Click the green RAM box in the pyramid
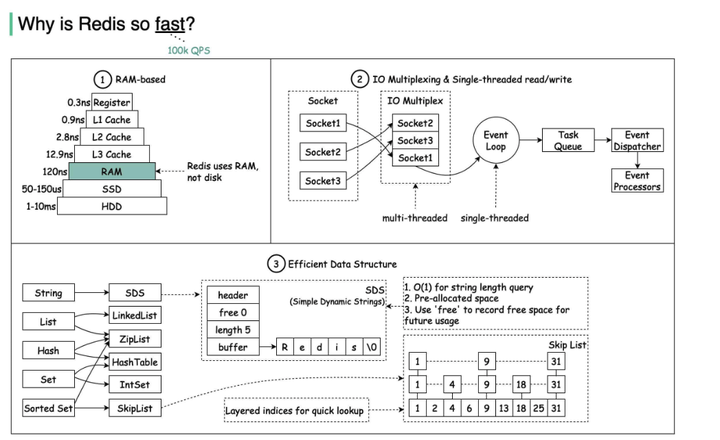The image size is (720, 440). (112, 172)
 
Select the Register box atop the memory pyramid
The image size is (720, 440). (112, 102)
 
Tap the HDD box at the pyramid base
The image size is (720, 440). (112, 206)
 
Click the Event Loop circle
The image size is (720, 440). (495, 141)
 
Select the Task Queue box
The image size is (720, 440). (568, 141)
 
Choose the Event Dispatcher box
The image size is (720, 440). (636, 141)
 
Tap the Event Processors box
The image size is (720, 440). (636, 181)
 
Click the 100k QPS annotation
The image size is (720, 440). (188, 50)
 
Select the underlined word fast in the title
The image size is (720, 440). (175, 23)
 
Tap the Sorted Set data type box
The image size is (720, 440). (48, 408)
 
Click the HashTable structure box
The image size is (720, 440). (134, 362)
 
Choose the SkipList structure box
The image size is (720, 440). (134, 408)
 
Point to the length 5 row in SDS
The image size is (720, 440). (232, 329)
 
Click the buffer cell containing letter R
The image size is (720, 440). (285, 347)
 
